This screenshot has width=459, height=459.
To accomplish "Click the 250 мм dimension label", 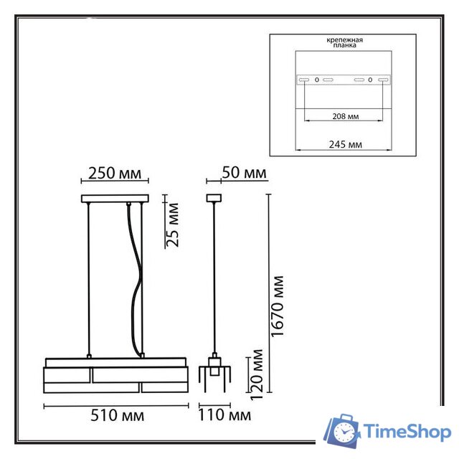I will [115, 174].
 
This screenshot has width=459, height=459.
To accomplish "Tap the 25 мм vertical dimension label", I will [173, 224].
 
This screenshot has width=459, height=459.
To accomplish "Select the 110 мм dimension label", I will [224, 415].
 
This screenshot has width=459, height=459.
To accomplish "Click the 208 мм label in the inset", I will [346, 115].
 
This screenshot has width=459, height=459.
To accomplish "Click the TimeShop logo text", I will [406, 432].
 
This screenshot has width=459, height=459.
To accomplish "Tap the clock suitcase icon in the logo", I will [343, 431].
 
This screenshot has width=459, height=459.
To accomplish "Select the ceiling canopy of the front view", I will [115, 199].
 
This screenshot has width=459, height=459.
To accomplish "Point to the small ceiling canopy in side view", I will [213, 198].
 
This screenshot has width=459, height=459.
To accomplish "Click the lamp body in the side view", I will [213, 373].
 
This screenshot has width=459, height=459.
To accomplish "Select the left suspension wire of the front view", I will [88, 280].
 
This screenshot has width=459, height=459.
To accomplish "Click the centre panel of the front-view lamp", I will [116, 375].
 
